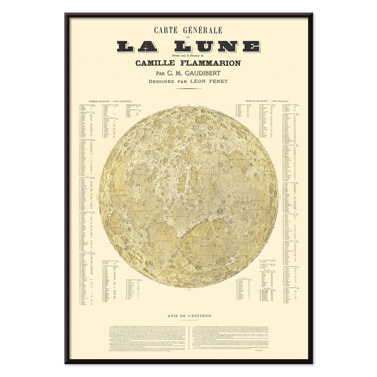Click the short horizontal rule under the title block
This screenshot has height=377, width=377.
tap(188, 89)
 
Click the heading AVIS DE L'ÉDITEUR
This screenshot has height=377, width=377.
tap(189, 316)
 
